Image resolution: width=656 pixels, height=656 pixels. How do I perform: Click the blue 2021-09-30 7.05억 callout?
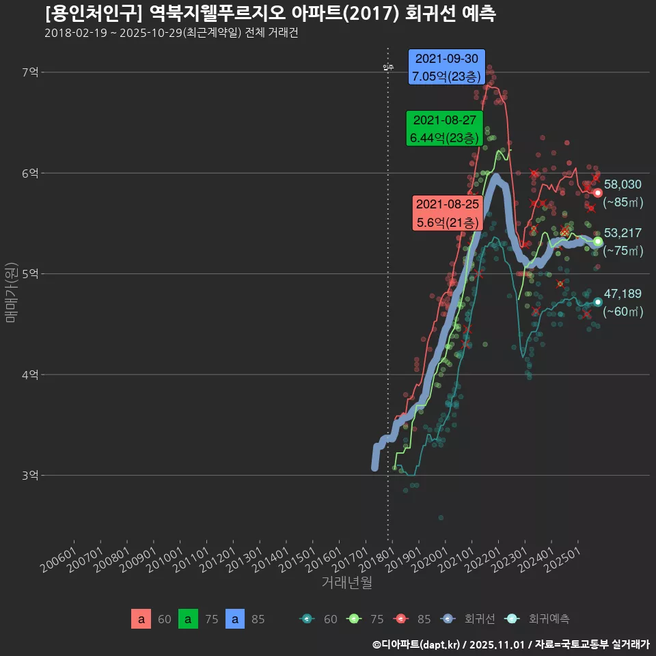447,67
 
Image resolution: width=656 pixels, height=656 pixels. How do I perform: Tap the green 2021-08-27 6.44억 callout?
444,128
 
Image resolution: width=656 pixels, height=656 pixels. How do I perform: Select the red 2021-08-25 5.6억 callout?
448,213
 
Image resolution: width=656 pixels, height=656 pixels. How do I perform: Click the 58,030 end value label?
623,184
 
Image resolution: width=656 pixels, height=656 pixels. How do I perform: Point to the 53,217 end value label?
623,234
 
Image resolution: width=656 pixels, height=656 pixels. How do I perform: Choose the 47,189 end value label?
623,294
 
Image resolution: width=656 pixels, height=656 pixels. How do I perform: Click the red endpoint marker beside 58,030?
598,193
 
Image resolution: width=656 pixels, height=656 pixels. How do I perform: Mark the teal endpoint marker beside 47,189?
598,302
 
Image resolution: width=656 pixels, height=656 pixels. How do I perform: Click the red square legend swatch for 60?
141,619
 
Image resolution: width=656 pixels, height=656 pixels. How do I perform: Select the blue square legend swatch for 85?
234,619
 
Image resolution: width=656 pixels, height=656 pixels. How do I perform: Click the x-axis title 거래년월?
346,583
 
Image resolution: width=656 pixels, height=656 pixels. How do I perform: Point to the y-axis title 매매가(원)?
10,292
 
